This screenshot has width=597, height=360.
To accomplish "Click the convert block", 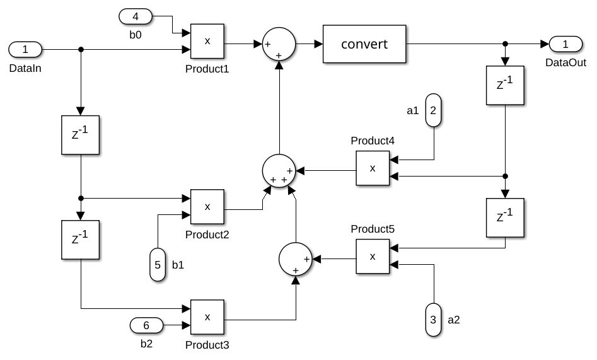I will pos(364,44).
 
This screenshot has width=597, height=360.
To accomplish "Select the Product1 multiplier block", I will pos(207,42).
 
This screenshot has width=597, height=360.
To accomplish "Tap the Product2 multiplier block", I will pos(207,206).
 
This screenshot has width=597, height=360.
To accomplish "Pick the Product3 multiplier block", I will pos(207,318).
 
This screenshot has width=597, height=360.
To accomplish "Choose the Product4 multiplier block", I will pos(373,168).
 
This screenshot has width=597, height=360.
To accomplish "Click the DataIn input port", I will pos(25,49).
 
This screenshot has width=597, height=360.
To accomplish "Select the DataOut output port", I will pos(565,44).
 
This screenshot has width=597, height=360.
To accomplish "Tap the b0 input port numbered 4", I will pos(136,15).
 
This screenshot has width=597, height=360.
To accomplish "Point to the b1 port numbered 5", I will pos(158,264).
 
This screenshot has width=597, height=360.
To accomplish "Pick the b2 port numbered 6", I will pos(146,325).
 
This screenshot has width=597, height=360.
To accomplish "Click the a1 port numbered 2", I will pos(433,110).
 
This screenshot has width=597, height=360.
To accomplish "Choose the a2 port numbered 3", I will pos(433,320).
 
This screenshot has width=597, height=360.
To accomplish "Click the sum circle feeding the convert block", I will pos(278,44).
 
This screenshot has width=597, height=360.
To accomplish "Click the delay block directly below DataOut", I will pos(505,84).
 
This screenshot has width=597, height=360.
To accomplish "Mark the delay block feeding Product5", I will pos(505,218).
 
